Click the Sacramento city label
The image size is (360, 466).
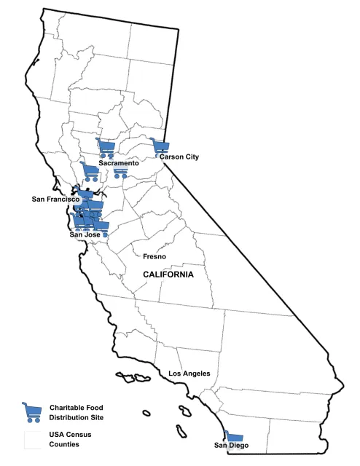point(119,163)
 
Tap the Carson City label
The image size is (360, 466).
point(179,157)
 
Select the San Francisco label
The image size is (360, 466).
point(55,199)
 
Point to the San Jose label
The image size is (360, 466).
point(85,234)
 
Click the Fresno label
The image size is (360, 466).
point(154,256)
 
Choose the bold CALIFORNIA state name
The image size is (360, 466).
point(168,275)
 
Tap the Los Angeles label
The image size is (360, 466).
point(189,374)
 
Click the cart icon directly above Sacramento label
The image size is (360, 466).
point(106,148)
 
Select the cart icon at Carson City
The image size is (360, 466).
point(160,147)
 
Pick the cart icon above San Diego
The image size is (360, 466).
point(233,435)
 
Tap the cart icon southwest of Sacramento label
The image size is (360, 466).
point(90,172)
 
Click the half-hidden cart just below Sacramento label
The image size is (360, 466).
point(120,172)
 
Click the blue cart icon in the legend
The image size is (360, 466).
point(32,412)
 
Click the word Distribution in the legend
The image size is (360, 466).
point(72,417)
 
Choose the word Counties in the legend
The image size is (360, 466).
point(66,443)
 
